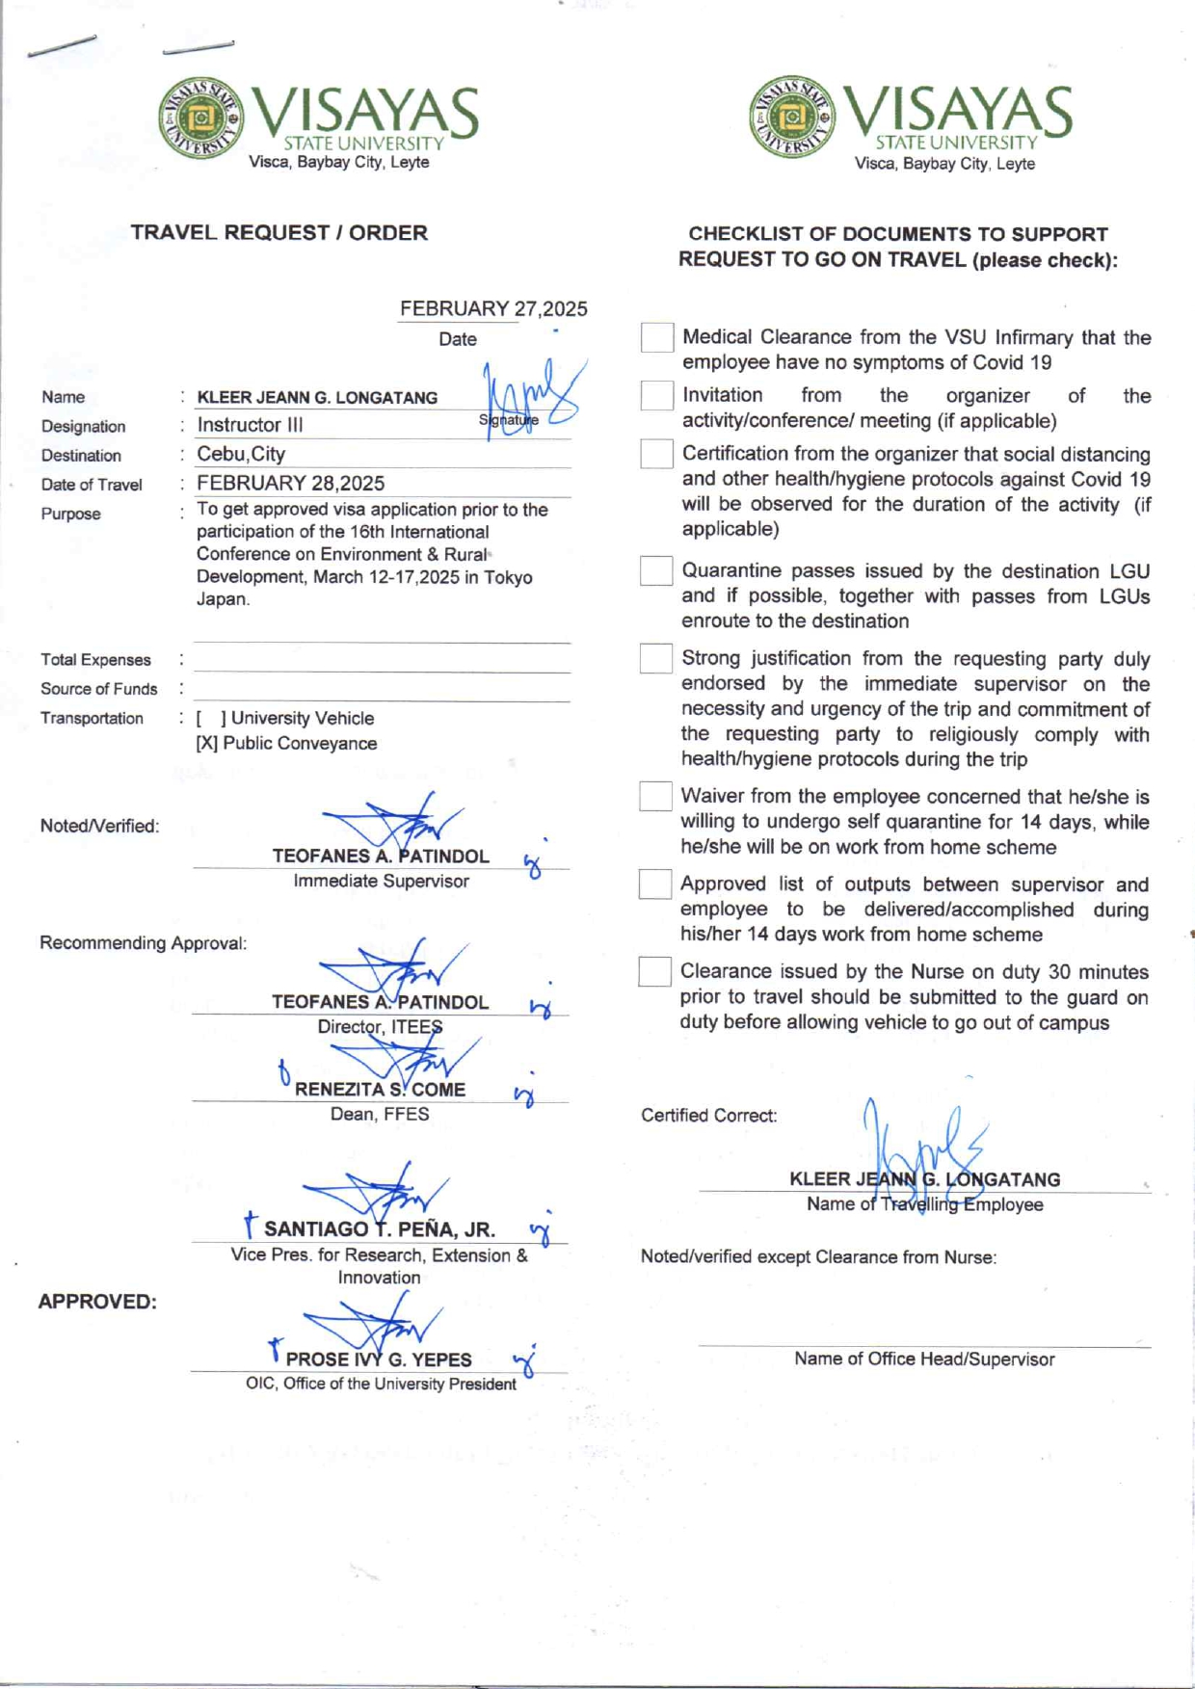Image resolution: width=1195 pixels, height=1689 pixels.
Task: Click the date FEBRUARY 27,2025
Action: [493, 308]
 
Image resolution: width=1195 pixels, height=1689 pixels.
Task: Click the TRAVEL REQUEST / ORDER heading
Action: [279, 233]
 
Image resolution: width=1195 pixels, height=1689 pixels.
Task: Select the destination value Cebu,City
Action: [241, 454]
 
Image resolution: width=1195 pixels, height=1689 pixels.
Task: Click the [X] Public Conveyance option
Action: [286, 744]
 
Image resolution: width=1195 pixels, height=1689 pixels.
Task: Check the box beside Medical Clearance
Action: [656, 337]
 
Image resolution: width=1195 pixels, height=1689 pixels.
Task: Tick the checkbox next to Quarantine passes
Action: [655, 570]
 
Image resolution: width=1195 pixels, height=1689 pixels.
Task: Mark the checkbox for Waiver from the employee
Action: [655, 796]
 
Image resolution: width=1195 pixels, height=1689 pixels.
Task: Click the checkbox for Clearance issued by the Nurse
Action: [654, 971]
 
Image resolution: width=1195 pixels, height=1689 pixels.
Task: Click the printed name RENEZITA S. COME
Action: [380, 1090]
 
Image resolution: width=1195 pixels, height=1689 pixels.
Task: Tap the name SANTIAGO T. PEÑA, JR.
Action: [379, 1229]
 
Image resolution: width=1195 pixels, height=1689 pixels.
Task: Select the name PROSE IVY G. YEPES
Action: [379, 1359]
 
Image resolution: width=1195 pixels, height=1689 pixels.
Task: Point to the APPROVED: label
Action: [97, 1302]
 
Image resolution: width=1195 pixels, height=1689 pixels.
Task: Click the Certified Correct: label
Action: [708, 1116]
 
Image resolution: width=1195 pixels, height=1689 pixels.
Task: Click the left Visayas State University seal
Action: [200, 119]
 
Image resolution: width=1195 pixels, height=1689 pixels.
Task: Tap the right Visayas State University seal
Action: [792, 119]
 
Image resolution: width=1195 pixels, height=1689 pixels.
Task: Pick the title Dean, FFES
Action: [380, 1115]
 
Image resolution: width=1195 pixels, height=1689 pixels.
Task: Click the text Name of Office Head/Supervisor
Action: [924, 1359]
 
